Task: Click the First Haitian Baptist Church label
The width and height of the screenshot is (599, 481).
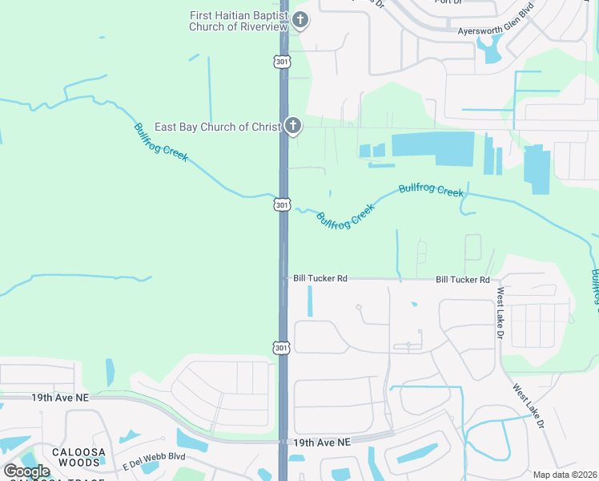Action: pos(238,21)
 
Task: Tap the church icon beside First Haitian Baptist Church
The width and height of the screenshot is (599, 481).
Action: pos(299,20)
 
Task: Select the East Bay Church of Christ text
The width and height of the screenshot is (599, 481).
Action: pos(217,127)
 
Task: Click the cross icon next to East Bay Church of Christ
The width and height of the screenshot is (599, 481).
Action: pos(293,126)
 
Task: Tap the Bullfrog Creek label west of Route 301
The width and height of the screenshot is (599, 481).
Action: pos(161,142)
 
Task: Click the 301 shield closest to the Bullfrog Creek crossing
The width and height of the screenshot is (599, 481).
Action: pos(282,205)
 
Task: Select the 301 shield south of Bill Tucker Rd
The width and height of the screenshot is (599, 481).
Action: pos(281,347)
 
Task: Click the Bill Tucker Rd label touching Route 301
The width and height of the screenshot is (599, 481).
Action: pos(320,278)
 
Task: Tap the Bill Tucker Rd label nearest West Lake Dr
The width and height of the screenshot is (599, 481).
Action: pos(462,280)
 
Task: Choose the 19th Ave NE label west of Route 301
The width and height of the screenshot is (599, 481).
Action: pos(58,397)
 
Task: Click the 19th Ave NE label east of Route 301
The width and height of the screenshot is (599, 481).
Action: pos(322,442)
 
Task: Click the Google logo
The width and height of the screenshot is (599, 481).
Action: pos(26,471)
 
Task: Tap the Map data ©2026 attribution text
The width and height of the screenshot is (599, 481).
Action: pos(564,475)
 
